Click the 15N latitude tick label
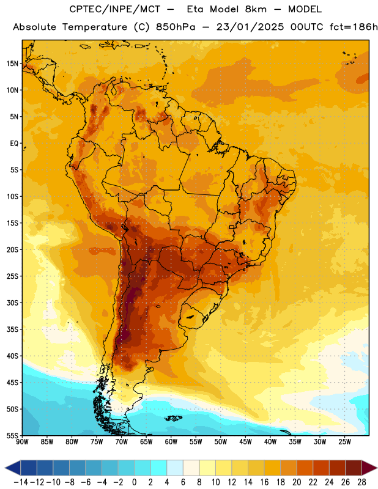[12, 64]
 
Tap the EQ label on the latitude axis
[14, 144]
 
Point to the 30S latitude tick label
[12, 303]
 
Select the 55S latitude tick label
[12, 435]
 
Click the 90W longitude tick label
[23, 442]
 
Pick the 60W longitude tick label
[171, 442]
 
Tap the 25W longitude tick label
[344, 442]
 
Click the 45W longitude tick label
[245, 442]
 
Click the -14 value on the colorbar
[21, 482]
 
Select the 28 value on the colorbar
[361, 482]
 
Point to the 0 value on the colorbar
[134, 482]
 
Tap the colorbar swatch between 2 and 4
[158, 468]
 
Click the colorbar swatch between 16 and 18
[272, 468]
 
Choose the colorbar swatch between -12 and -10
[45, 468]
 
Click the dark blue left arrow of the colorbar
[13, 468]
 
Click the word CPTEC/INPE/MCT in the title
[115, 9]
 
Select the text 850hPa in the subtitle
[176, 27]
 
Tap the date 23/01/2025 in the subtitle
[250, 27]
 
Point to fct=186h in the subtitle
[354, 27]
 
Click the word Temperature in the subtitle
[95, 28]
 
